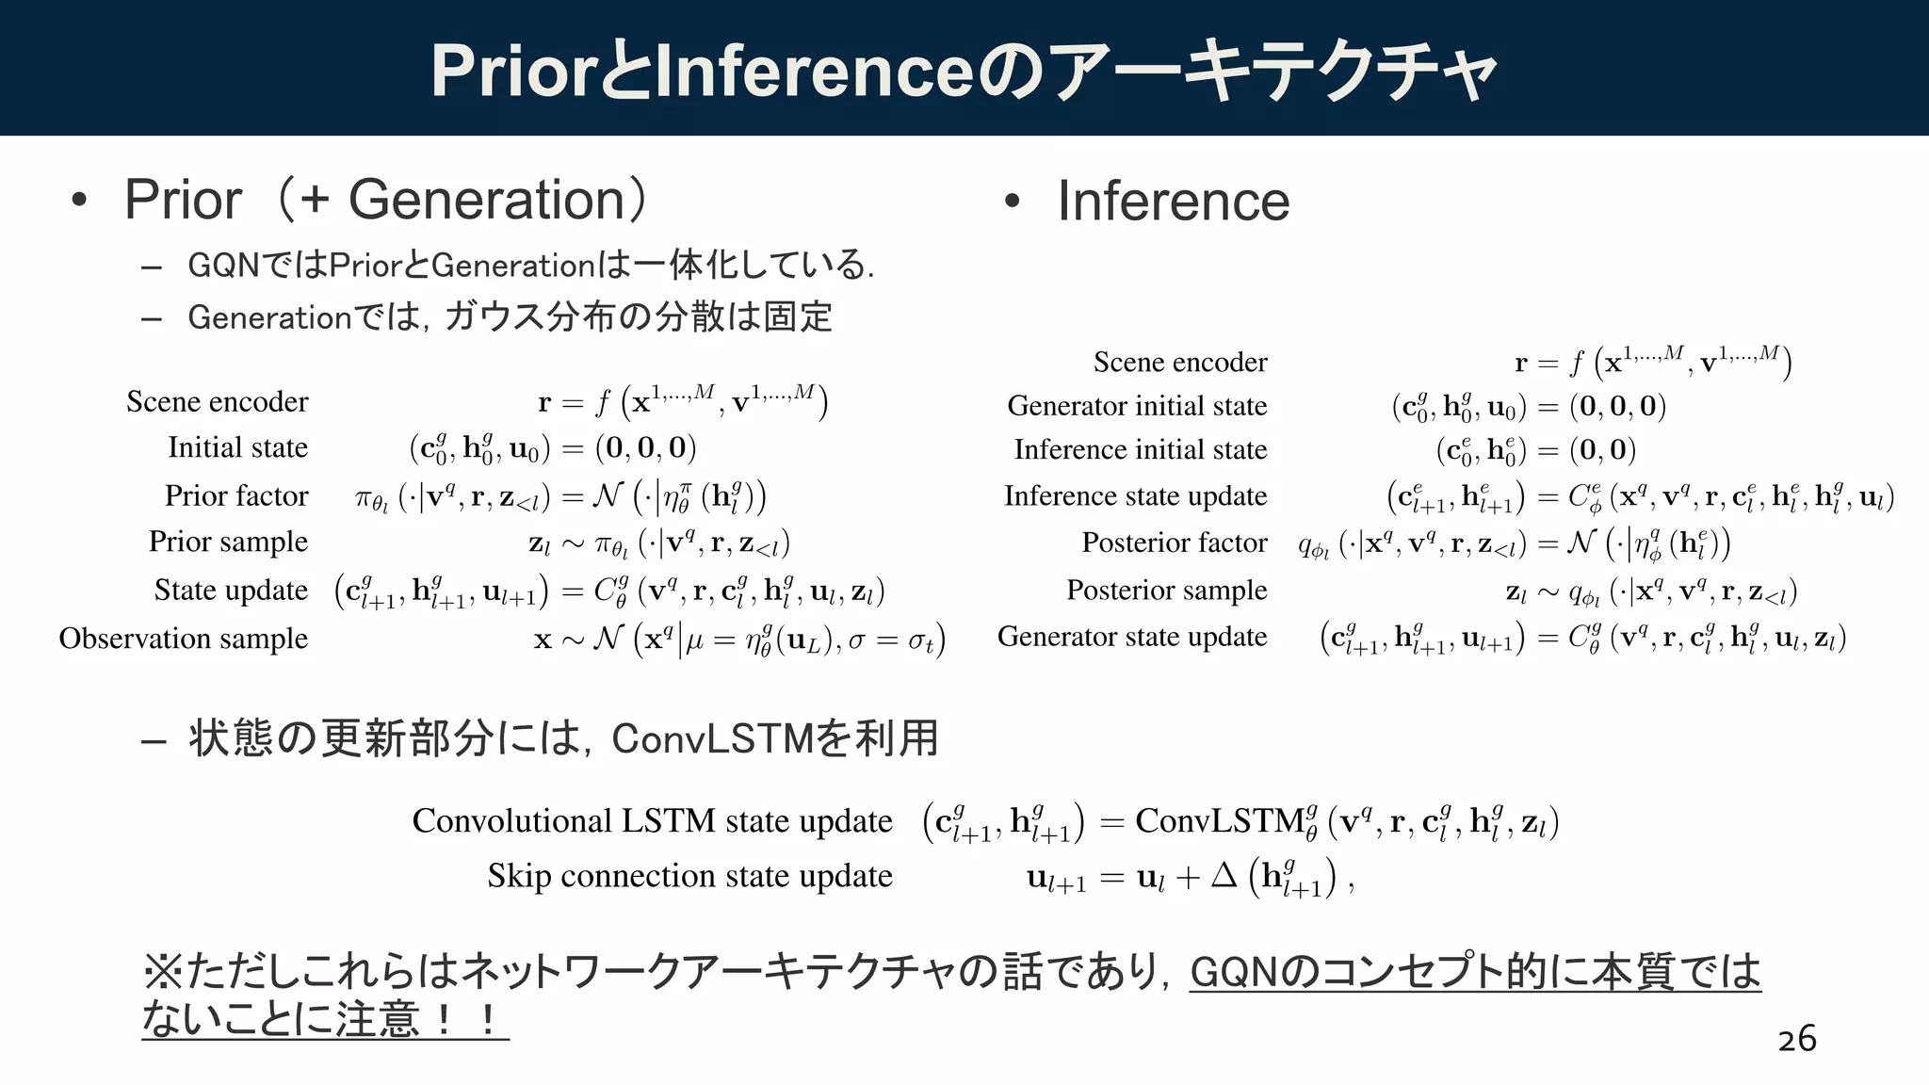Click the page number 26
tap(1796, 1039)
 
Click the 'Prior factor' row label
tap(236, 495)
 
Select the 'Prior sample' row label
tap(228, 542)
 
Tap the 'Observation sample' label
tap(184, 639)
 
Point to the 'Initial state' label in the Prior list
tap(237, 447)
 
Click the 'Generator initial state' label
tap(1137, 406)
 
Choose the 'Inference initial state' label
tap(1140, 450)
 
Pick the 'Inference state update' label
tap(1135, 495)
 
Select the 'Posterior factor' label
tap(1174, 542)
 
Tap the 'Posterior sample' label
tap(1166, 590)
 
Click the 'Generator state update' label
tap(1132, 637)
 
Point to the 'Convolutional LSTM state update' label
tap(652, 820)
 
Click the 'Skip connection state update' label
tap(689, 876)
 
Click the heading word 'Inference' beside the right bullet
tap(1173, 202)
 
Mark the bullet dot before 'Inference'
tap(1013, 201)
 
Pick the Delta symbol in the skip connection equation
tap(1224, 876)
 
